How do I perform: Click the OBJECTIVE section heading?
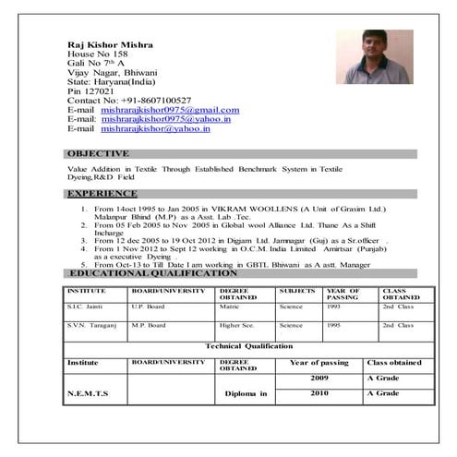pyautogui.click(x=98, y=153)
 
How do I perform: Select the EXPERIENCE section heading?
pyautogui.click(x=102, y=195)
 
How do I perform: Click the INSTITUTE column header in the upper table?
pyautogui.click(x=86, y=290)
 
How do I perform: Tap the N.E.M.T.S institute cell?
pyautogui.click(x=88, y=394)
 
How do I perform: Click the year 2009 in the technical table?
pyautogui.click(x=319, y=379)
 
